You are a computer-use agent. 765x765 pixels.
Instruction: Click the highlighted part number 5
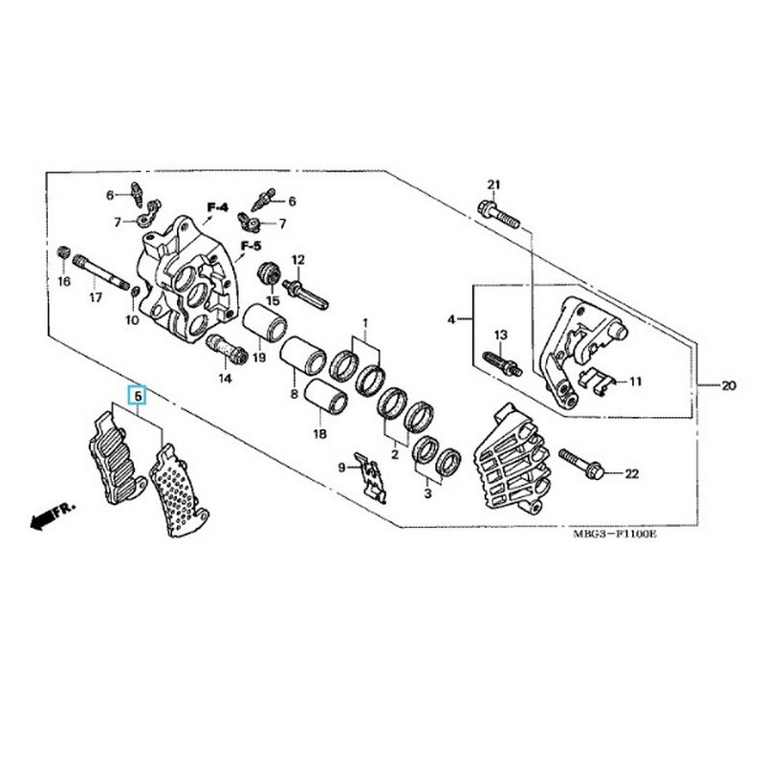coord(138,394)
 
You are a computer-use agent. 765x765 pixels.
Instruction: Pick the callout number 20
coord(729,387)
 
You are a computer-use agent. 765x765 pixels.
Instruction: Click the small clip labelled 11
coord(599,381)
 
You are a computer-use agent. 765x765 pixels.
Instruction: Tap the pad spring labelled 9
coord(374,471)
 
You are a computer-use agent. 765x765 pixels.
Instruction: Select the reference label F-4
coord(218,207)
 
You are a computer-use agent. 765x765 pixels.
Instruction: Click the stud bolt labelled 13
coord(500,364)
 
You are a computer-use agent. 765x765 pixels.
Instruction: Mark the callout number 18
coord(319,433)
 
